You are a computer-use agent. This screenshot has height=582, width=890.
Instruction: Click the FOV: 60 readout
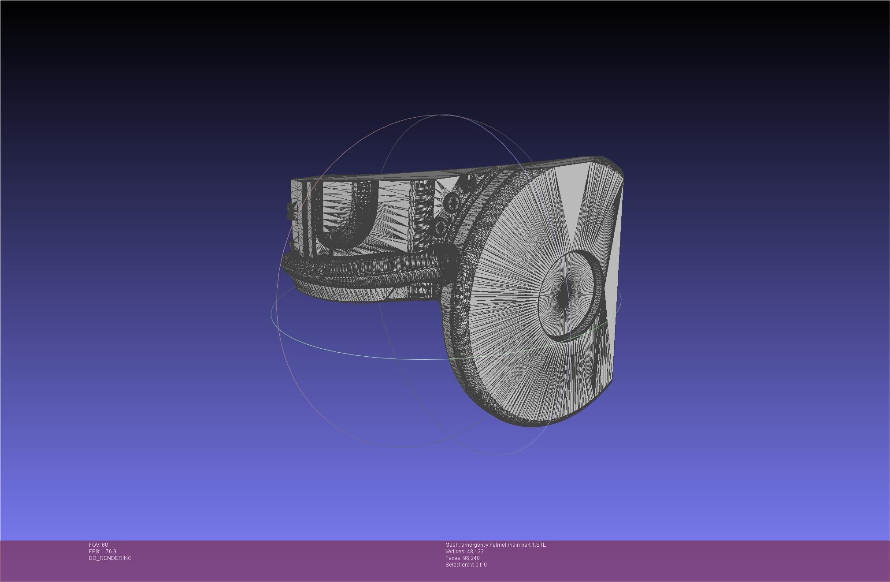98,545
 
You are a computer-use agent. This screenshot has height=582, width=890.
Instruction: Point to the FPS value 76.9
111,552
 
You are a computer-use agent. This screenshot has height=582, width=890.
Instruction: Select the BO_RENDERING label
110,558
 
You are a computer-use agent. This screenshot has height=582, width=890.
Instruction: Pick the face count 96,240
471,558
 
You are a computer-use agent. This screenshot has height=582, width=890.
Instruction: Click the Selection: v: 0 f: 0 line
466,565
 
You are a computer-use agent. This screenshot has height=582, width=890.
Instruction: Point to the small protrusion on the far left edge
290,212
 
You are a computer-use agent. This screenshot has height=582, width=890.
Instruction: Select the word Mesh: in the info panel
452,545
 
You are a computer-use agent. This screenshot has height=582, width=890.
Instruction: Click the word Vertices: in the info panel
455,552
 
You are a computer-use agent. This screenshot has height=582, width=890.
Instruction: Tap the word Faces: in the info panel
453,558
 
